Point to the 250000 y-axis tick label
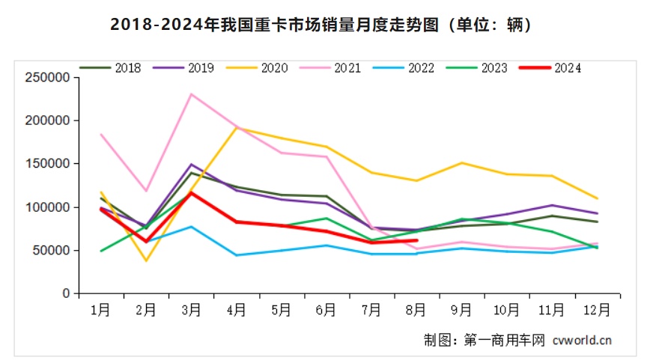[x=47, y=77]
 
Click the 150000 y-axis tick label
[x=47, y=164]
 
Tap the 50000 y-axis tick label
[x=50, y=251]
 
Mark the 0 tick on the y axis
[x=67, y=294]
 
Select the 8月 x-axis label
[x=416, y=308]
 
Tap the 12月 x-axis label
[x=596, y=308]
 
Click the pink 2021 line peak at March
[x=192, y=94]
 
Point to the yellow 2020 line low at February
[x=146, y=260]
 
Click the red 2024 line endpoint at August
[x=416, y=240]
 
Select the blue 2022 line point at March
[x=192, y=227]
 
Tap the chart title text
[x=323, y=25]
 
